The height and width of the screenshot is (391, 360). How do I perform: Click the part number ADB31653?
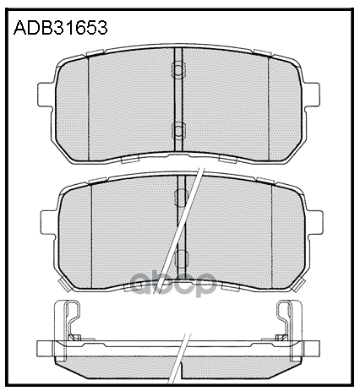(61, 28)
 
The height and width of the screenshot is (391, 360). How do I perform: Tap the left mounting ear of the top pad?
(46, 95)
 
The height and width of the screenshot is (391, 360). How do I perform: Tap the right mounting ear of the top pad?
(311, 95)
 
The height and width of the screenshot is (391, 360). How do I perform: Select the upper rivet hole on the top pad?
(178, 69)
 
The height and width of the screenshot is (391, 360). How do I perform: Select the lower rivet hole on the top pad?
(178, 130)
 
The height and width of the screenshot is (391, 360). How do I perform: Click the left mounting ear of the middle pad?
(49, 222)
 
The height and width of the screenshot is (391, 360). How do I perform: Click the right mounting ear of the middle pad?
(314, 222)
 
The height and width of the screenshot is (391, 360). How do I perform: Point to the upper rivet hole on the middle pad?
(181, 198)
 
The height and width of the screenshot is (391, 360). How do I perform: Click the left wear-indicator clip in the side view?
(71, 321)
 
